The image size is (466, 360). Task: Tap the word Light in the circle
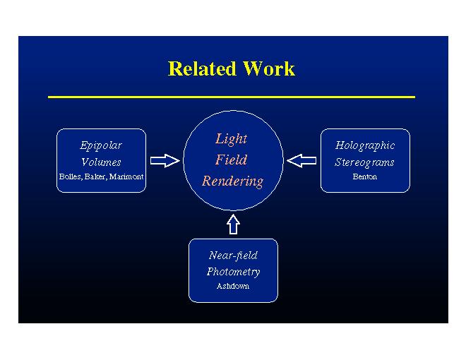point(232,139)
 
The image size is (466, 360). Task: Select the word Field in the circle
point(232,160)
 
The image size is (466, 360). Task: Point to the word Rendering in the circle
point(232,181)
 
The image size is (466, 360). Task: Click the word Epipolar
point(101,145)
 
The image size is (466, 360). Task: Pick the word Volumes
point(101,162)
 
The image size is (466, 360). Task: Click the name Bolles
point(71,177)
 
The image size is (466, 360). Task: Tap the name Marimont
point(127,177)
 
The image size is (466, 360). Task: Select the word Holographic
point(365,145)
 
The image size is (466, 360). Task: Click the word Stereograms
point(365,162)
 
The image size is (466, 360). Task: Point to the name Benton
point(365,177)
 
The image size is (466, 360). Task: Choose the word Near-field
point(233,256)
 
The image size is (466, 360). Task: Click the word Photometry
point(233,272)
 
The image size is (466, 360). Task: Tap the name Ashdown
point(233,287)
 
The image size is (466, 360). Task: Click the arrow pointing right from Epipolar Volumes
point(165,161)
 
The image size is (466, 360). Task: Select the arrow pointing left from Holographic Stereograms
point(302,161)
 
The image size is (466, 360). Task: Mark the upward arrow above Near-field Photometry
point(233,224)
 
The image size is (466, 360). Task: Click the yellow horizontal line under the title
point(232,97)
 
